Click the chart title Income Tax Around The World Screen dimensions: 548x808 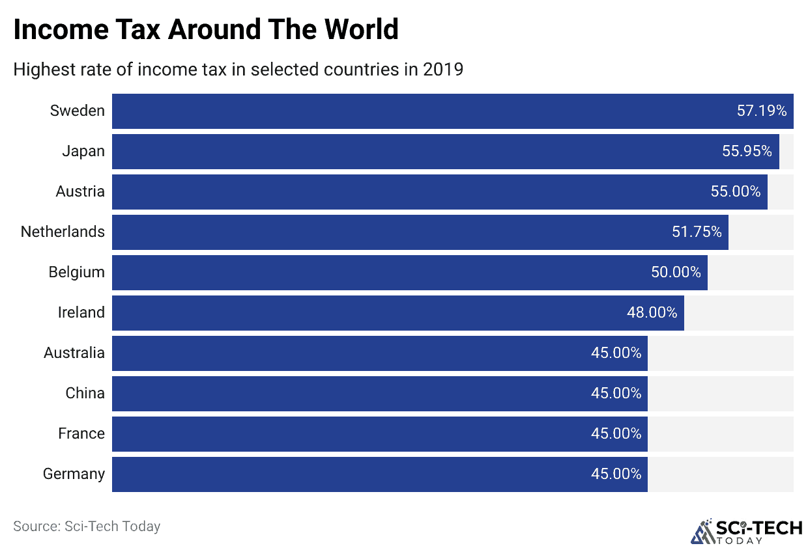(206, 30)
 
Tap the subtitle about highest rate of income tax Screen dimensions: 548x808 (238, 70)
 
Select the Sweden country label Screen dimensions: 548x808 (77, 111)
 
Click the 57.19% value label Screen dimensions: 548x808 (762, 111)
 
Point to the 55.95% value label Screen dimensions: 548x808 (747, 152)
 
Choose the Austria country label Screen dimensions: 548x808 (80, 191)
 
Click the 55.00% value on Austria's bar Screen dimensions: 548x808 (736, 191)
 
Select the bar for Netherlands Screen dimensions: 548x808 (391, 232)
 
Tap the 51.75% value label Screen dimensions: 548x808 (697, 232)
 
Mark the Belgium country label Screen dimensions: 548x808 (76, 272)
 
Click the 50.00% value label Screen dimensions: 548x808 (676, 272)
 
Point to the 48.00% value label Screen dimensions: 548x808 (652, 312)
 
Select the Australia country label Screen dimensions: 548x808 (74, 353)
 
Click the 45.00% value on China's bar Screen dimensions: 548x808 (616, 393)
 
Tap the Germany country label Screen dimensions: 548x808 (74, 474)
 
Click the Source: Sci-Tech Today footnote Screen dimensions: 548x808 (87, 526)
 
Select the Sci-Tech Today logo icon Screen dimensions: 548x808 (702, 530)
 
